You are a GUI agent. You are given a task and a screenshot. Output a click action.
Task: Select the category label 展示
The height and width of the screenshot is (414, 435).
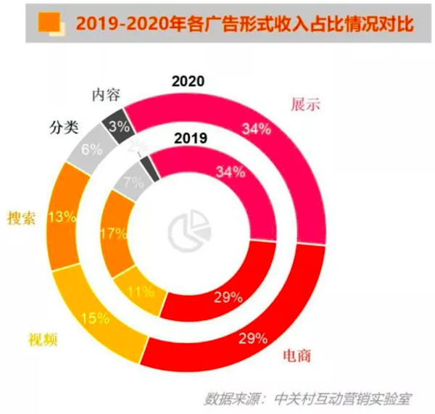307,104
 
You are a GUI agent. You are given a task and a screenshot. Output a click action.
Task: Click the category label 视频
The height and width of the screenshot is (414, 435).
43,339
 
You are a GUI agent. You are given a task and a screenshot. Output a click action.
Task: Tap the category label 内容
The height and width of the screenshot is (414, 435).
106,94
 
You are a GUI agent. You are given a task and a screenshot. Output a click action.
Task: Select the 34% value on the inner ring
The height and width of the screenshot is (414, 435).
231,173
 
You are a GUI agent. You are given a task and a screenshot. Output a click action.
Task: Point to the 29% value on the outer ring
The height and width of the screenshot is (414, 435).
254,337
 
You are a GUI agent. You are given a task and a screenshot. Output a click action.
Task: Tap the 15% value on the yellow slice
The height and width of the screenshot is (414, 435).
95,318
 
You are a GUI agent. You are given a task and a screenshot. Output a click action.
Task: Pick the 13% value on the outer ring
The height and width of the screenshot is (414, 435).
60,218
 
